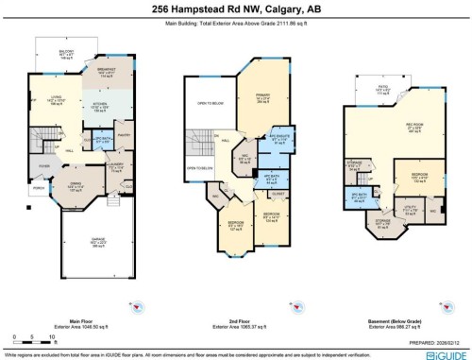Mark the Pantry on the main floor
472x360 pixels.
tap(125, 135)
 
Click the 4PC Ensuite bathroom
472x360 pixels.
tap(280, 138)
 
